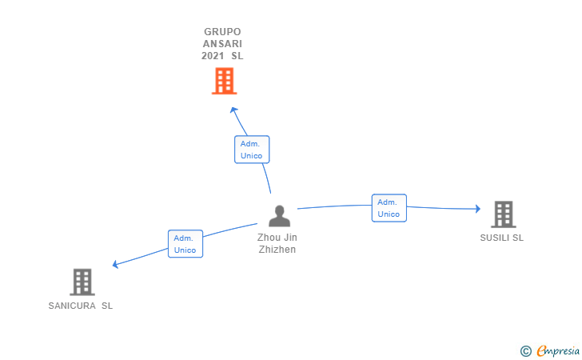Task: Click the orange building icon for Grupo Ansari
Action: tap(225, 81)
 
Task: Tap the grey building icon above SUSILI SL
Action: tap(503, 214)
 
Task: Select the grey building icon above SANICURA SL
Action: tap(82, 282)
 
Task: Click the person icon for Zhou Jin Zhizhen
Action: tap(279, 216)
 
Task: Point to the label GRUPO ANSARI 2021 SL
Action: tap(223, 44)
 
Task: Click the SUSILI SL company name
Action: tap(502, 238)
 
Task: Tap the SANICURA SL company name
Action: tap(81, 306)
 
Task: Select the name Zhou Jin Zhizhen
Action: tap(277, 243)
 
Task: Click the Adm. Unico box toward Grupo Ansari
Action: tap(252, 150)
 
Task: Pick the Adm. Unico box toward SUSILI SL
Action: tap(389, 208)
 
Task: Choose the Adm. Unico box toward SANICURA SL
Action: tap(185, 244)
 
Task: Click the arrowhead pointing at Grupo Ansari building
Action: tap(233, 109)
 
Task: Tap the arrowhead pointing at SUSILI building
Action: tap(477, 209)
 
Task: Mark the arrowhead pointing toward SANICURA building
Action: tap(116, 265)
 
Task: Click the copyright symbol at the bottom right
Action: tap(525, 350)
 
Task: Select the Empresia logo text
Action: tap(558, 350)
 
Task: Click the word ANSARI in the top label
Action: tap(223, 44)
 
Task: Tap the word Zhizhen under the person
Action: tap(277, 250)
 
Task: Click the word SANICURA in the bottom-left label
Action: tap(72, 306)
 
